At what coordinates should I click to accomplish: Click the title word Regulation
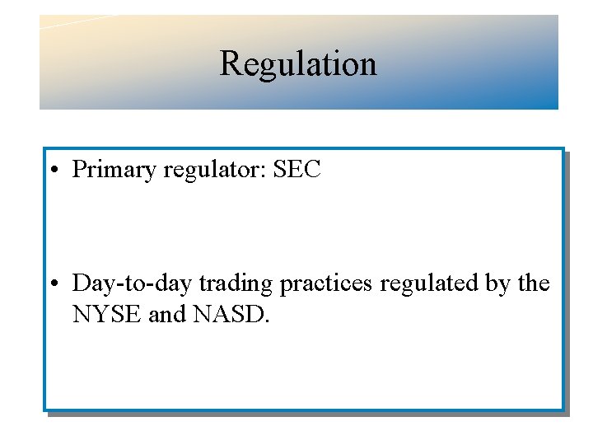click(x=297, y=63)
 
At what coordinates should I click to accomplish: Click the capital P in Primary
click(x=80, y=169)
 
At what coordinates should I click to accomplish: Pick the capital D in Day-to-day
click(x=82, y=283)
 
